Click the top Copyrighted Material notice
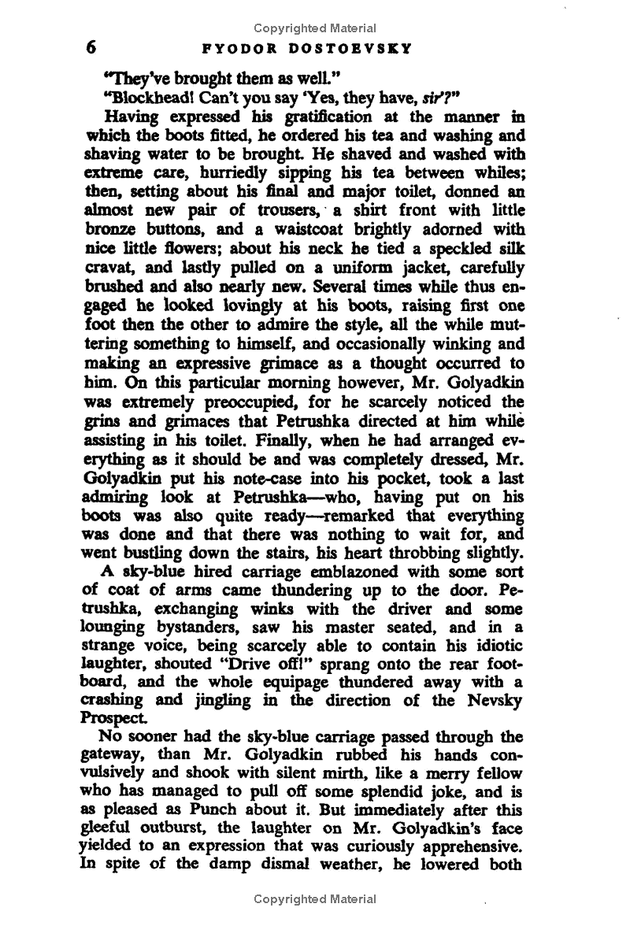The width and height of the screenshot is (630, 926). [x=315, y=29]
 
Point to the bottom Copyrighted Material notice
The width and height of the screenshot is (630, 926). [x=315, y=898]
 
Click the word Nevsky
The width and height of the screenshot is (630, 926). [x=491, y=698]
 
